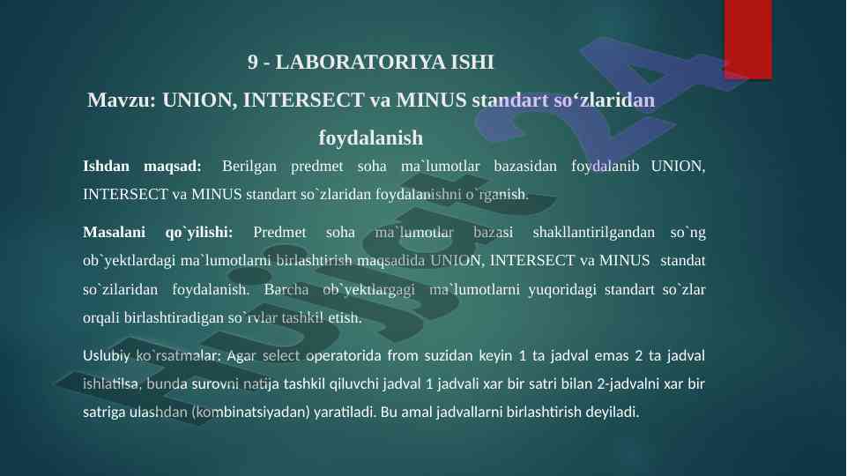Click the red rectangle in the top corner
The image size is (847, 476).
pos(747,40)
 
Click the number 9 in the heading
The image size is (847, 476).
pos(253,62)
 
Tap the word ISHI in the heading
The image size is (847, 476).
pos(472,62)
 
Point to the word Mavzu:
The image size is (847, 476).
pos(122,100)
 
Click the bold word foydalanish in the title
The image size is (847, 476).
pos(370,138)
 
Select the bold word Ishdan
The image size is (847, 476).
pos(106,166)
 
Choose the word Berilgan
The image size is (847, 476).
pos(249,166)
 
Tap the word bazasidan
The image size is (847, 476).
pos(525,166)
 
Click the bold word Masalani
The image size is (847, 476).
pos(114,233)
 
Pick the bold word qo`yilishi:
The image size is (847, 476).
pos(199,233)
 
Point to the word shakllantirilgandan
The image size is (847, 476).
pos(594,233)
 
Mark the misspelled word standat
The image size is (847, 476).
pos(683,260)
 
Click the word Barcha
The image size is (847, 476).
pos(286,290)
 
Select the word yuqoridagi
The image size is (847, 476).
pos(562,290)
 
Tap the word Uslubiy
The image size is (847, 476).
pos(107,356)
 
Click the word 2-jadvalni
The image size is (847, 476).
pos(628,384)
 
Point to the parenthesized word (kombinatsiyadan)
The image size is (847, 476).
pos(250,413)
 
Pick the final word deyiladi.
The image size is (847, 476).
pos(613,413)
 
